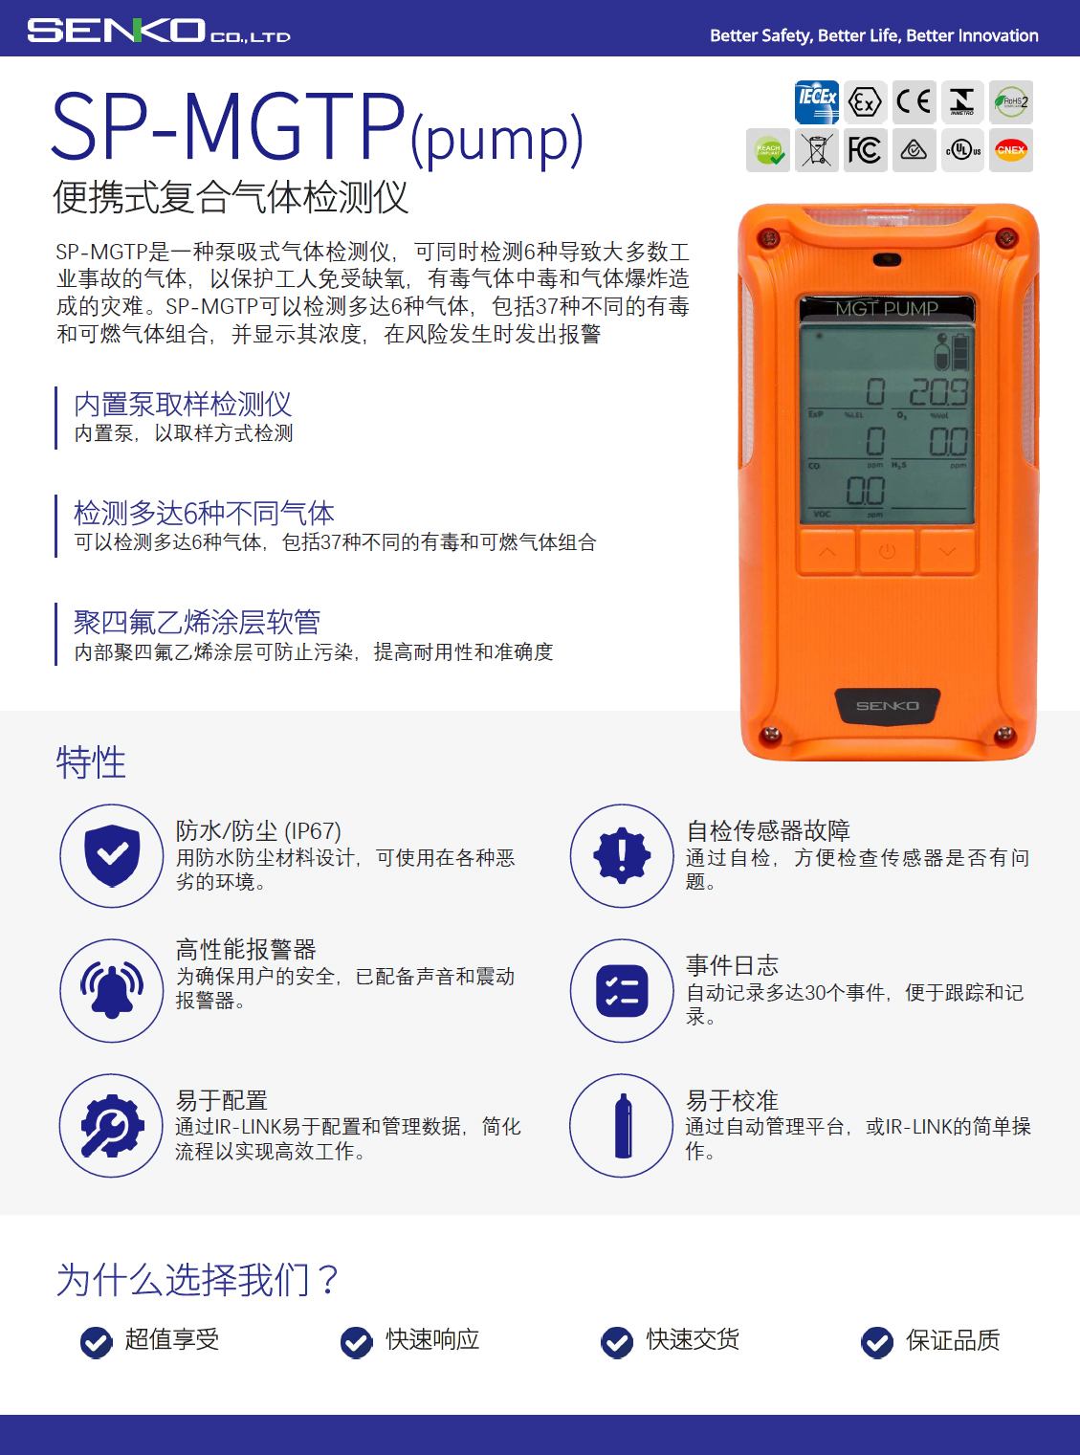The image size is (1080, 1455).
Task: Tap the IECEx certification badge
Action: coord(816,101)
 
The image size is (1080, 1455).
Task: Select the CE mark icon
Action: coord(914,101)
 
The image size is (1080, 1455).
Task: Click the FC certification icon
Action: coord(865,150)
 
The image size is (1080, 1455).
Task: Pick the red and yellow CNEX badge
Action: coord(1010,150)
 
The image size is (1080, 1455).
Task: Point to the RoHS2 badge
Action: coord(1010,101)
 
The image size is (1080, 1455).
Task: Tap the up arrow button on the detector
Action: coord(827,552)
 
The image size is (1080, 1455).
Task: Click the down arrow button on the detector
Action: coord(947,552)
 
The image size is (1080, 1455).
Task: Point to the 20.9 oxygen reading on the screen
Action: coord(937,391)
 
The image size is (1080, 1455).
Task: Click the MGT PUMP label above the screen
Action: coord(887,308)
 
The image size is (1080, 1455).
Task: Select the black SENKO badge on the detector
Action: coord(887,707)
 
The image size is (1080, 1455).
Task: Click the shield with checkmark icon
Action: coord(112,855)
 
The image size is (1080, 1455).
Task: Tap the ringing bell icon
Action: coord(112,990)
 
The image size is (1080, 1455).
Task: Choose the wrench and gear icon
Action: coord(112,1126)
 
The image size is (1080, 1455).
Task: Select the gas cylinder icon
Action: coord(623,1126)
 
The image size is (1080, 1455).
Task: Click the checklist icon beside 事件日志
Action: coord(622,990)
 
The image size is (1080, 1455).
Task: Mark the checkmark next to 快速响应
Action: coord(356,1342)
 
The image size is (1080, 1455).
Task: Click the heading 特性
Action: coord(91,762)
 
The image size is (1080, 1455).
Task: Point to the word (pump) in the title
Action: coord(496,139)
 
